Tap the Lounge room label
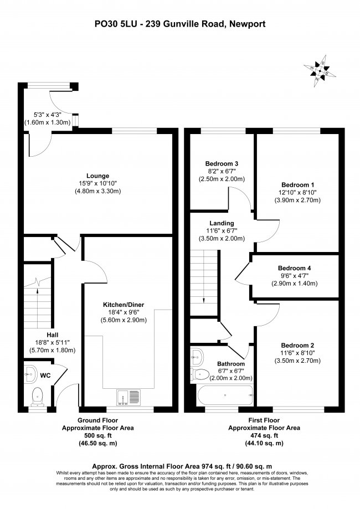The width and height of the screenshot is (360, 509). tap(97, 176)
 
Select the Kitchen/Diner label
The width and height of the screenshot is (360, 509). tap(124, 305)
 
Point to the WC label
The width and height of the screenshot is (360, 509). tap(45, 376)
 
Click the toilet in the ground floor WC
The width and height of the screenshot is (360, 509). tap(37, 397)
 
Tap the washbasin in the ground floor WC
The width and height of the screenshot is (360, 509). tap(30, 374)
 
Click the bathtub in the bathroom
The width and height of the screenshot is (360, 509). tap(225, 395)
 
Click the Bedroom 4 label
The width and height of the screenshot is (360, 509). tap(295, 268)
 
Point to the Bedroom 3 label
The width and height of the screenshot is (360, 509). tap(222, 163)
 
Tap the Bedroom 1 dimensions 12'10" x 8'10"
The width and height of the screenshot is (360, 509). tap(297, 193)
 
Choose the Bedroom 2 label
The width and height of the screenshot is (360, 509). tap(297, 346)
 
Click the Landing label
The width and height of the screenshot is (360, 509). tap(222, 223)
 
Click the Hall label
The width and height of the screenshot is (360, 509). tap(53, 335)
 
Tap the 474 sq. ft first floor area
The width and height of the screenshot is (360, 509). tap(264, 436)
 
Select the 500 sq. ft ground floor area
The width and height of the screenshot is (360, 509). tap(97, 436)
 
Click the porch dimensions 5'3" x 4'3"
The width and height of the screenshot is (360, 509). tap(48, 115)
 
